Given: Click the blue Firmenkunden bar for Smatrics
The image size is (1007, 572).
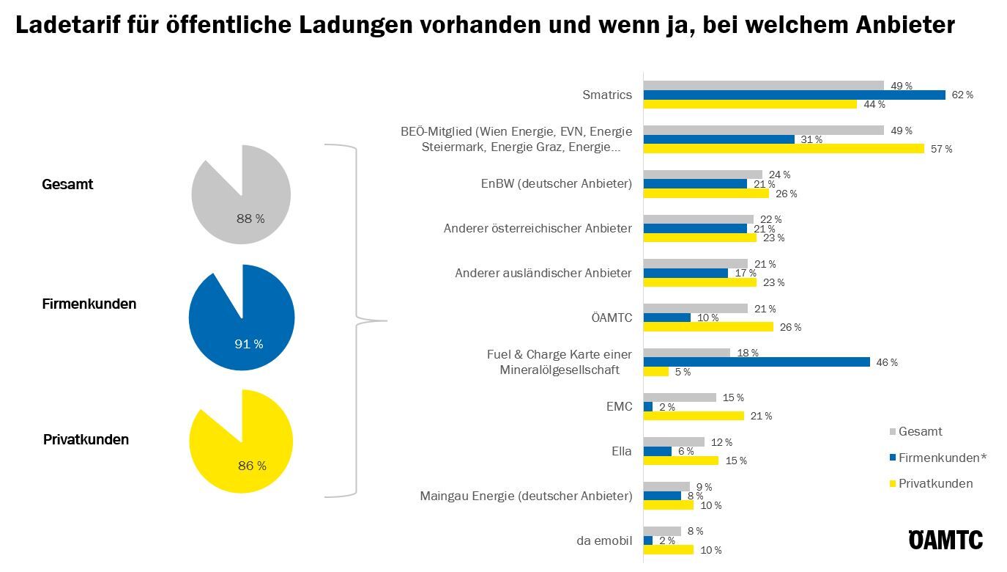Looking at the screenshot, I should pyautogui.click(x=794, y=95).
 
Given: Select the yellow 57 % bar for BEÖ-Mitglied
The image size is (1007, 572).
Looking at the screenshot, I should pyautogui.click(x=784, y=149).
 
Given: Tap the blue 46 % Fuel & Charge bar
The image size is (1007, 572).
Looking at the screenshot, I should pyautogui.click(x=757, y=362).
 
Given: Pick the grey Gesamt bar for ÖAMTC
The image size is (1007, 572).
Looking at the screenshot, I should pyautogui.click(x=695, y=309).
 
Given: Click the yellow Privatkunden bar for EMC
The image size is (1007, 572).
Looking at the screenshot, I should pyautogui.click(x=694, y=416).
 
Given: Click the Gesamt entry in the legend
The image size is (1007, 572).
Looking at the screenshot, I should pyautogui.click(x=920, y=431).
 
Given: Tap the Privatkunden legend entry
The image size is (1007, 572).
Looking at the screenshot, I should pyautogui.click(x=935, y=483).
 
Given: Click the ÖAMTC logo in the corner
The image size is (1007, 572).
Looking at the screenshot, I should pyautogui.click(x=945, y=540).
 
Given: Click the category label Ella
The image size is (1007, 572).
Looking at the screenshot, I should pyautogui.click(x=621, y=451).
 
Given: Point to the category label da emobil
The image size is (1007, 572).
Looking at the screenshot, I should pyautogui.click(x=603, y=541).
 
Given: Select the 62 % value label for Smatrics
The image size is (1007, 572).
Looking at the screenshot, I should pyautogui.click(x=962, y=95).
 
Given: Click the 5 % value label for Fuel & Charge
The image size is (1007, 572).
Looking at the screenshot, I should pyautogui.click(x=683, y=372).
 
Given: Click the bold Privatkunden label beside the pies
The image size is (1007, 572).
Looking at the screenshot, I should pyautogui.click(x=86, y=439).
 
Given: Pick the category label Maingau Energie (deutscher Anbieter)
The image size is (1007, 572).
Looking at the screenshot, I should pyautogui.click(x=526, y=496).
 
